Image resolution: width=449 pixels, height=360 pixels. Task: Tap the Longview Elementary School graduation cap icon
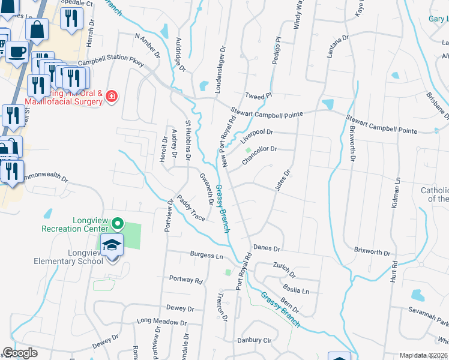(x=111, y=245)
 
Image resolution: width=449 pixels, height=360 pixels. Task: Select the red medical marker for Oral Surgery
(x=111, y=96)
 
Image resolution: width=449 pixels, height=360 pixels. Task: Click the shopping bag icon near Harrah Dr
(x=37, y=28)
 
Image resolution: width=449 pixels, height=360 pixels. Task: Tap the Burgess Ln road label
(x=206, y=256)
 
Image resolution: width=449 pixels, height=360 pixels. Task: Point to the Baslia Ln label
(x=297, y=290)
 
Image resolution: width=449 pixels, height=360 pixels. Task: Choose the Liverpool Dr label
(x=256, y=136)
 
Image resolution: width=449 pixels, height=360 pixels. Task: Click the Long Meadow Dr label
(x=161, y=322)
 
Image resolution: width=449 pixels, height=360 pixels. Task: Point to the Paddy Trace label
(x=190, y=208)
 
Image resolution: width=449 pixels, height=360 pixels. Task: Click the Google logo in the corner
(x=20, y=353)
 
